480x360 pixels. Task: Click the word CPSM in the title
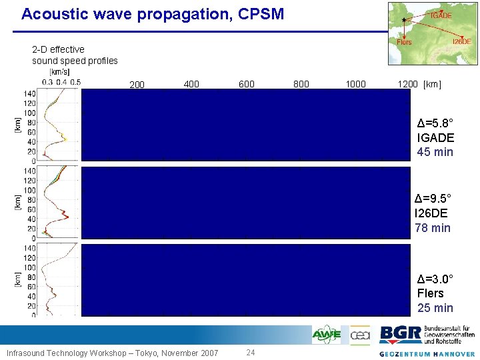[259, 13]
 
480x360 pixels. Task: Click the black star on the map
[404, 19]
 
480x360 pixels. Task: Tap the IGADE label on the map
[441, 15]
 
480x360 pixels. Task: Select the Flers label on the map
[404, 42]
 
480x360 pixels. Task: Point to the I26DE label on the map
[461, 42]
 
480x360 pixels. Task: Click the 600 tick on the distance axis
[246, 84]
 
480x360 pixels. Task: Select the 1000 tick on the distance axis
[355, 84]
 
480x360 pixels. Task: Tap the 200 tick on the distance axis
[137, 85]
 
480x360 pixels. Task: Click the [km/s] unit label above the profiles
[60, 72]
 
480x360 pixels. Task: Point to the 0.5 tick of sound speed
[75, 82]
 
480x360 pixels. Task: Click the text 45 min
[435, 152]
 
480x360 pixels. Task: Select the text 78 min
[433, 228]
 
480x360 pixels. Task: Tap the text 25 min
[435, 307]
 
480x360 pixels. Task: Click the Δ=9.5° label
[433, 199]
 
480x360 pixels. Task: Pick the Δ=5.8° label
[435, 123]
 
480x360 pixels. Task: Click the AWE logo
[327, 335]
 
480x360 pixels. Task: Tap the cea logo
[360, 335]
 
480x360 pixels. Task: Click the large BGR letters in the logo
[401, 334]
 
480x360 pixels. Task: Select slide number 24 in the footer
[251, 353]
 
